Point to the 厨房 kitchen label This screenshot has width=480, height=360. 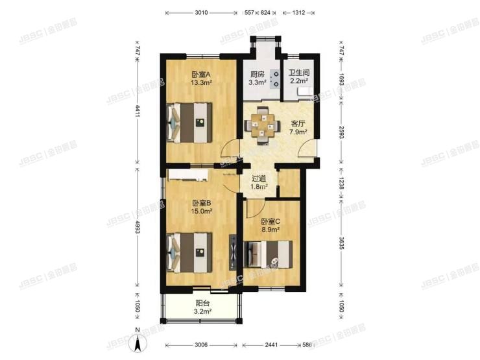(x=258, y=74)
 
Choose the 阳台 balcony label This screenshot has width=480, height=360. (x=203, y=302)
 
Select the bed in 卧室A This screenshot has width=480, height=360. (x=189, y=122)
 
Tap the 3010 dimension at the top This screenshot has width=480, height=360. (x=201, y=12)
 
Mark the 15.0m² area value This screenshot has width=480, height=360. (x=200, y=211)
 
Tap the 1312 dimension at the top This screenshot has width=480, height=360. (x=300, y=12)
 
